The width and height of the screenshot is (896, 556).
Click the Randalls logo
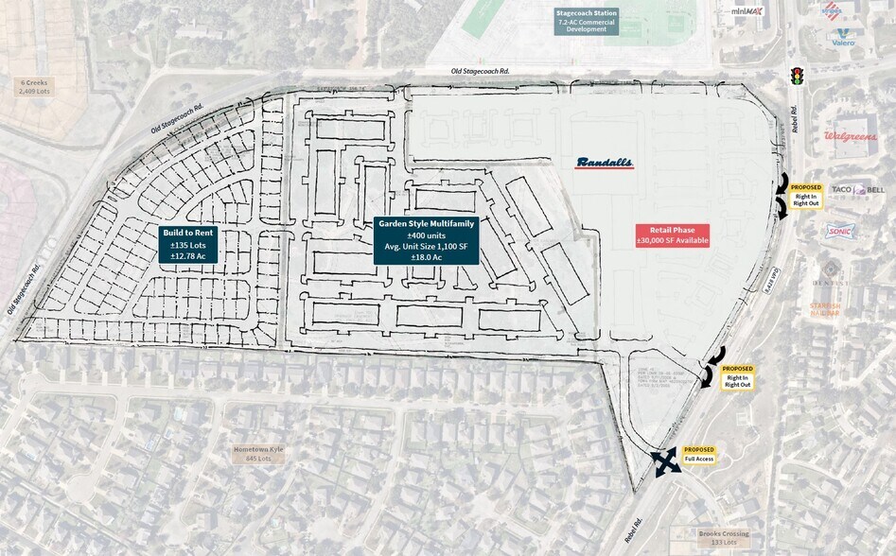pyautogui.click(x=605, y=163)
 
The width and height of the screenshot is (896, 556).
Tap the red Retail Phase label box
pyautogui.click(x=673, y=235)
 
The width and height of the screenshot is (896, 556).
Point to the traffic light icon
pyautogui.click(x=797, y=75)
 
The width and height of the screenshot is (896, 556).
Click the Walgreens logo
pyautogui.click(x=849, y=136)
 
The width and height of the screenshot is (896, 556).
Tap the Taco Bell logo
pyautogui.click(x=857, y=190)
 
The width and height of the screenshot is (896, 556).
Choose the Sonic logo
pyautogui.click(x=839, y=231)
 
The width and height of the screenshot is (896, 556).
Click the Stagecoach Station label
pyautogui.click(x=587, y=21)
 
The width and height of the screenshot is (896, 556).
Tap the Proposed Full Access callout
pyautogui.click(x=699, y=454)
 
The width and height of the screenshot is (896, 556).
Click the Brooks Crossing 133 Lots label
pyautogui.click(x=724, y=538)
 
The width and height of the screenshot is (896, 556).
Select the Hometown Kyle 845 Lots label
pyautogui.click(x=251, y=454)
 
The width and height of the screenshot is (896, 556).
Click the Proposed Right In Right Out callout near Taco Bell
pyautogui.click(x=806, y=195)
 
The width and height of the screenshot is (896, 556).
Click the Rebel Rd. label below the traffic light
pyautogui.click(x=799, y=117)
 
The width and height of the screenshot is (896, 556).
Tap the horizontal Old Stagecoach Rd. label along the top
pyautogui.click(x=481, y=72)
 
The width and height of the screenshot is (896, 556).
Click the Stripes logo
pyautogui.click(x=832, y=10)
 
